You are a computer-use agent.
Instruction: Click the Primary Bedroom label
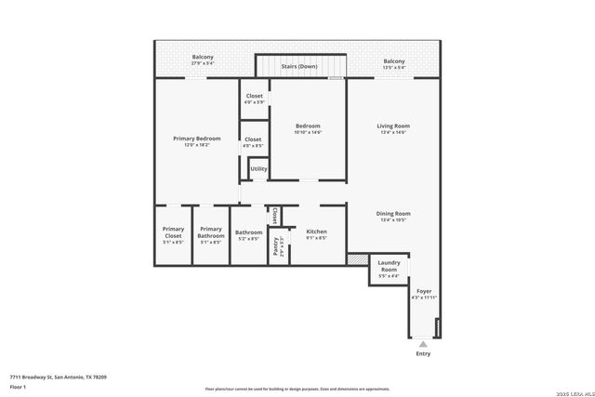[x=197, y=139]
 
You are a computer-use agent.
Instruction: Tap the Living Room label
[x=393, y=126]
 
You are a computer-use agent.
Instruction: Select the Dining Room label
[x=393, y=214]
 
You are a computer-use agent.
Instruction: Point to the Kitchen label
[x=316, y=232]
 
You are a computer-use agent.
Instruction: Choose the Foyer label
[x=424, y=291]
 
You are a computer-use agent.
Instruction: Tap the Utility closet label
[x=258, y=169]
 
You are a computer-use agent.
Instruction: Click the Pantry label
[x=277, y=245]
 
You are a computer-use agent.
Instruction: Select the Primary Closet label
[x=173, y=232]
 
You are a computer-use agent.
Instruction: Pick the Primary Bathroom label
[x=211, y=232]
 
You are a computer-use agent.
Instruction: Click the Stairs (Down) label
[x=300, y=67]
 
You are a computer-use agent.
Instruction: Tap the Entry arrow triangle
[x=424, y=343]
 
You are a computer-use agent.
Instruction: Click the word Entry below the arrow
[x=424, y=353]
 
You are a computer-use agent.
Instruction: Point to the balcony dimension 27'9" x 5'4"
[x=203, y=63]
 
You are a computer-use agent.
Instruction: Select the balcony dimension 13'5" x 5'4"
[x=393, y=68]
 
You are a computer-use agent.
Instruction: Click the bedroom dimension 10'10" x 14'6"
[x=308, y=132]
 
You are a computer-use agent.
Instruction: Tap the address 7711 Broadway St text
[x=58, y=377]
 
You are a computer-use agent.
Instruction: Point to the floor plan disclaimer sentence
[x=297, y=389]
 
